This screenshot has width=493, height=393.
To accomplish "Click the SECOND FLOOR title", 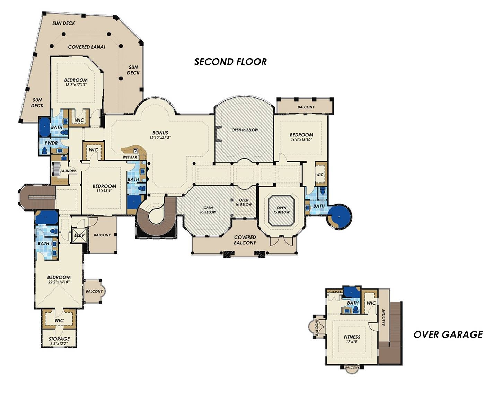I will (x=230, y=62).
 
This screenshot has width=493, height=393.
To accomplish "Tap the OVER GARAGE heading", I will (x=448, y=334).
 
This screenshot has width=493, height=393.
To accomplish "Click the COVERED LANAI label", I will (x=87, y=47).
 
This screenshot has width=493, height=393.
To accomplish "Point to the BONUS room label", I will (x=160, y=133).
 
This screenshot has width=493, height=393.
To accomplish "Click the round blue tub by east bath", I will (x=340, y=216).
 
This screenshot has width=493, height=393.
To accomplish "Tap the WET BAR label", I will (x=130, y=157).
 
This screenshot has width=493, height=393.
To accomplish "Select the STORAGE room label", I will (x=59, y=339).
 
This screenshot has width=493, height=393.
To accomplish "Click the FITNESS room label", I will (x=352, y=337).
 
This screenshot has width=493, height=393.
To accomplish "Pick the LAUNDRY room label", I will (x=68, y=171).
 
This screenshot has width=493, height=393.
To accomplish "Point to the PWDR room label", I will (x=51, y=143).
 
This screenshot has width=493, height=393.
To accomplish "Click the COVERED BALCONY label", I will (x=245, y=240).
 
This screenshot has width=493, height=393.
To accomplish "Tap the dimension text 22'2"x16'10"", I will (x=59, y=282).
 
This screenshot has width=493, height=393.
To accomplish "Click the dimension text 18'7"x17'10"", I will (x=76, y=84).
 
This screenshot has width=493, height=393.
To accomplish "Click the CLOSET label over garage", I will (x=335, y=292).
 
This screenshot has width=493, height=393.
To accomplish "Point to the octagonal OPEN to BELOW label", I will (x=281, y=210).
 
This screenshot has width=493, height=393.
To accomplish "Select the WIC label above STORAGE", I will (x=59, y=321).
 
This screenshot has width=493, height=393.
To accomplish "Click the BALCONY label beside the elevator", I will (x=102, y=235).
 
